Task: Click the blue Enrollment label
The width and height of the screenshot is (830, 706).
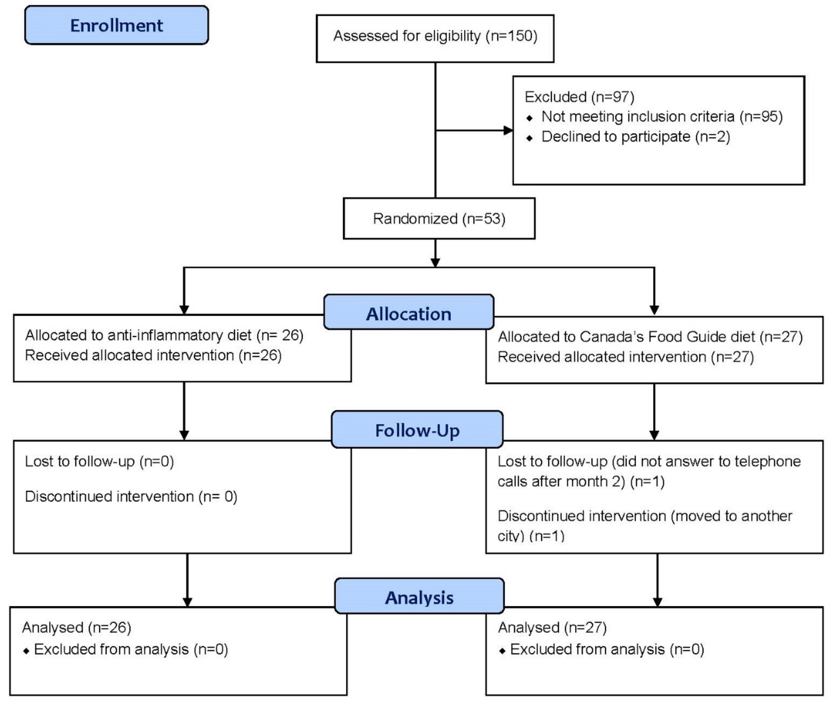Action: coord(116,25)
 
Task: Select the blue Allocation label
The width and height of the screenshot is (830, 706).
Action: coord(409,313)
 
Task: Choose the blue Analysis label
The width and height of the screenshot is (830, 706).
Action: coord(419,597)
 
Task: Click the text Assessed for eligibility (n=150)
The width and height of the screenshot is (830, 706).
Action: coord(435,36)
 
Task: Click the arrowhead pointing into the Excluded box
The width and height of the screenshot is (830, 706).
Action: coord(508,130)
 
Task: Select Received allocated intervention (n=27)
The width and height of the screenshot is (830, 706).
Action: coord(626,357)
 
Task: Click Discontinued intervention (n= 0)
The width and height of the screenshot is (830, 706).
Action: coord(131,496)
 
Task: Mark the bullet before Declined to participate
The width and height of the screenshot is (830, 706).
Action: coord(529,138)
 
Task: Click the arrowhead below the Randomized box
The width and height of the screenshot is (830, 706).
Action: coord(435,262)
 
